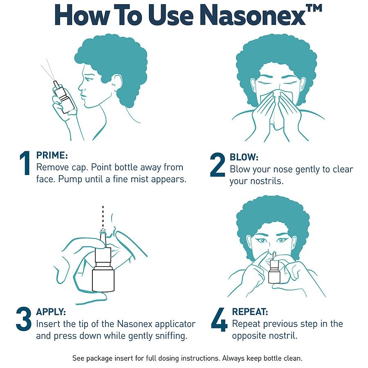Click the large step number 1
click(x=25, y=163)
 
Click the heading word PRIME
click(x=52, y=155)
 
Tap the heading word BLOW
click(x=244, y=157)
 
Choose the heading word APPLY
click(x=51, y=312)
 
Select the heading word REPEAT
click(x=250, y=312)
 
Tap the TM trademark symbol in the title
click(x=314, y=9)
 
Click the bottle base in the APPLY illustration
click(x=103, y=280)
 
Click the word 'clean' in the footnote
click(x=293, y=358)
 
